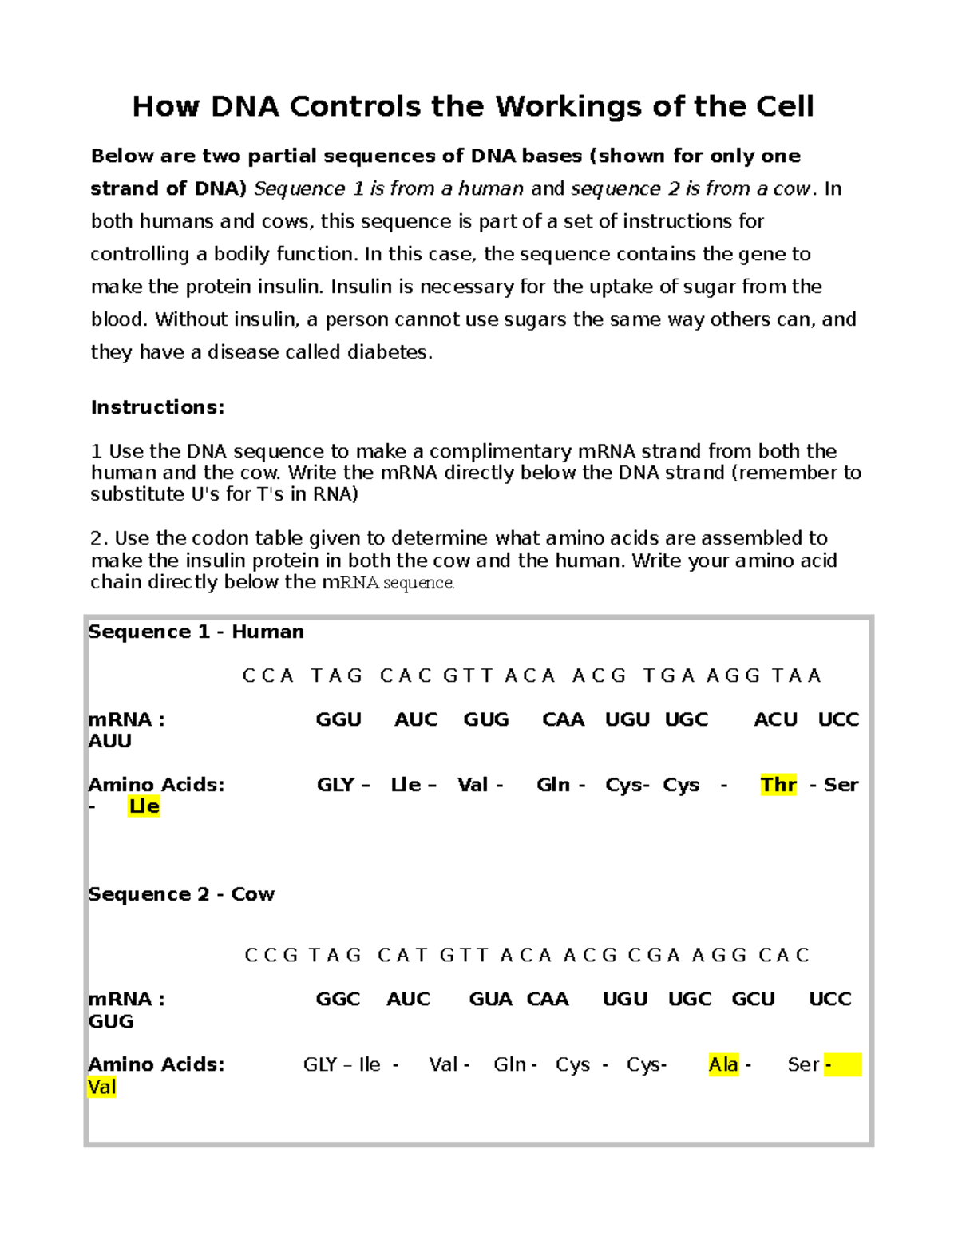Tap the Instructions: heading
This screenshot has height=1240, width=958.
157,407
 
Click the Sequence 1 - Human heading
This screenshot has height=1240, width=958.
196,632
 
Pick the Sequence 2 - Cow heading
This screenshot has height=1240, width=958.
181,894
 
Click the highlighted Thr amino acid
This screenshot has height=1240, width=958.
778,785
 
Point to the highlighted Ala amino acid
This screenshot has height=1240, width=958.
723,1064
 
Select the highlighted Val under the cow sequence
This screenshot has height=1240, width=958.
102,1087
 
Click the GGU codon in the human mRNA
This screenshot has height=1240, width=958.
338,719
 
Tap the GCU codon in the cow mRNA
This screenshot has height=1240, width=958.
753,999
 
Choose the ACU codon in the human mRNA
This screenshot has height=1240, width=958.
775,719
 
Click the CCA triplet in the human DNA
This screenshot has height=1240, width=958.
268,675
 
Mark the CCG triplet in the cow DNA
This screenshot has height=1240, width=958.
271,955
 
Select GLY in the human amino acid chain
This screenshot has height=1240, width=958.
335,785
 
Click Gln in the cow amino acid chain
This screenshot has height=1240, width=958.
510,1064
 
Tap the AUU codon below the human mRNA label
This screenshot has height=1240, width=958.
109,741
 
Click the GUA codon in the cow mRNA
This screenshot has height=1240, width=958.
490,999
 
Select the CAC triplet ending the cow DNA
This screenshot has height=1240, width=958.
784,955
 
